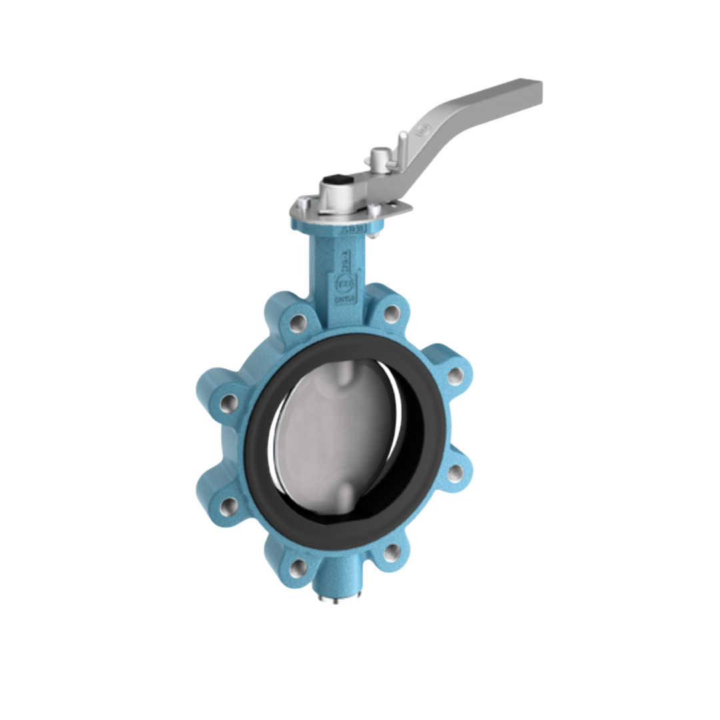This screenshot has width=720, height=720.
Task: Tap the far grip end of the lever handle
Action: [527, 91]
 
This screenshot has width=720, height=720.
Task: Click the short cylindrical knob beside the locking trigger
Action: [377, 157]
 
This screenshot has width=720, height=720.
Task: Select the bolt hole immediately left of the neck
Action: [298, 323]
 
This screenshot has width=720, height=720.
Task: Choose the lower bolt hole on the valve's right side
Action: [455, 473]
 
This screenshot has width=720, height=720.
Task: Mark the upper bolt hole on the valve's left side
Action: [229, 403]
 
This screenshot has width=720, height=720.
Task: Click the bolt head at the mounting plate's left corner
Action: [302, 203]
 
